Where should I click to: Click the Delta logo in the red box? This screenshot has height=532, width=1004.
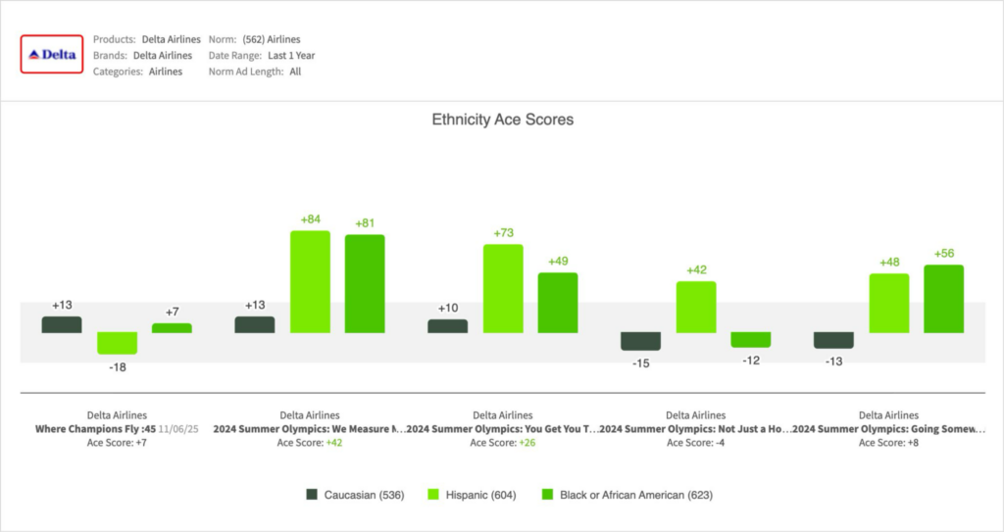point(54,55)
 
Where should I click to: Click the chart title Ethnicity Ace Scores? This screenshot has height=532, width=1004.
point(502,120)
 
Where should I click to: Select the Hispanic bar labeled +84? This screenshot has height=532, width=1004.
point(310,281)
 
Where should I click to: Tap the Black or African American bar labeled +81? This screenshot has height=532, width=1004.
point(365,283)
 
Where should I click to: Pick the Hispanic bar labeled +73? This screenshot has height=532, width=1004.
point(503,288)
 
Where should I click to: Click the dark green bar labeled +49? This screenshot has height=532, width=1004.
point(558,302)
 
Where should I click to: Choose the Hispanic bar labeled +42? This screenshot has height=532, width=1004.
point(696,307)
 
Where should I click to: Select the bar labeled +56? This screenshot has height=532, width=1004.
point(944,298)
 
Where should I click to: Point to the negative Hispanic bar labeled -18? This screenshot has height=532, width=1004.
point(117,342)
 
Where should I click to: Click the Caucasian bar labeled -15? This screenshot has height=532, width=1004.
point(641,340)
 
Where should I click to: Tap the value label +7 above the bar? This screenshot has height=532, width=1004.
point(172,312)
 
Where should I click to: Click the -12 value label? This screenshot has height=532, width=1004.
point(751,361)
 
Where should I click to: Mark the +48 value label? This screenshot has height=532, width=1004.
point(889,262)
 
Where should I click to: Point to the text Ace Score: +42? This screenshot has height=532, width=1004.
point(310,443)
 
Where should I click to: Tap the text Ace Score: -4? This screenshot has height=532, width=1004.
point(696,443)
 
